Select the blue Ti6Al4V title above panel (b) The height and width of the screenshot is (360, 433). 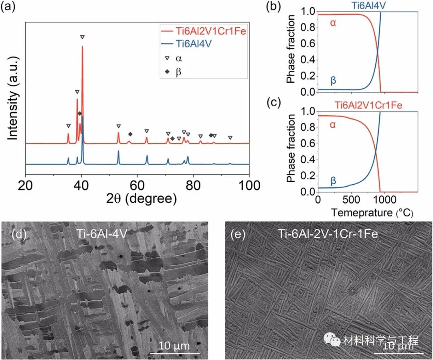tap(366, 5)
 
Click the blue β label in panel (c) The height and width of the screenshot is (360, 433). tap(333, 181)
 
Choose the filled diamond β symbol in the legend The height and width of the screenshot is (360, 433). tap(168, 72)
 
